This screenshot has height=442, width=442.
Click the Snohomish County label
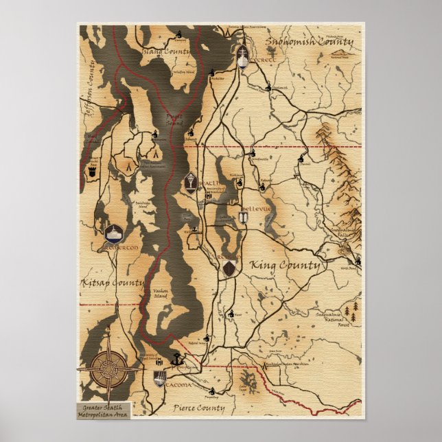point(309,42)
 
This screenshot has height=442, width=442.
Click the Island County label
point(165,51)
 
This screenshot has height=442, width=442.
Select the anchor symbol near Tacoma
point(175,358)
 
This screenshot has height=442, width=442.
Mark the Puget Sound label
point(174,121)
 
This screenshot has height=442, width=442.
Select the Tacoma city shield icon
point(159,377)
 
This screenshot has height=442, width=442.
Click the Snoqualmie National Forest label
point(336,319)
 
